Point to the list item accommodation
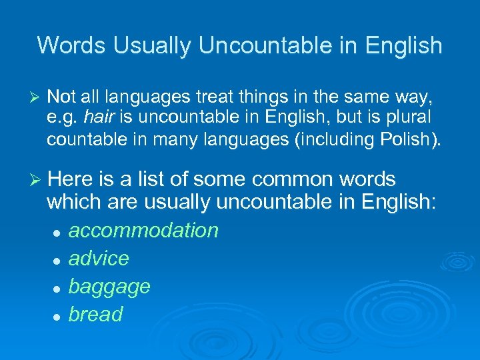[143, 231]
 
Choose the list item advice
[99, 259]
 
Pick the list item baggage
[109, 287]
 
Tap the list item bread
[95, 315]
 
